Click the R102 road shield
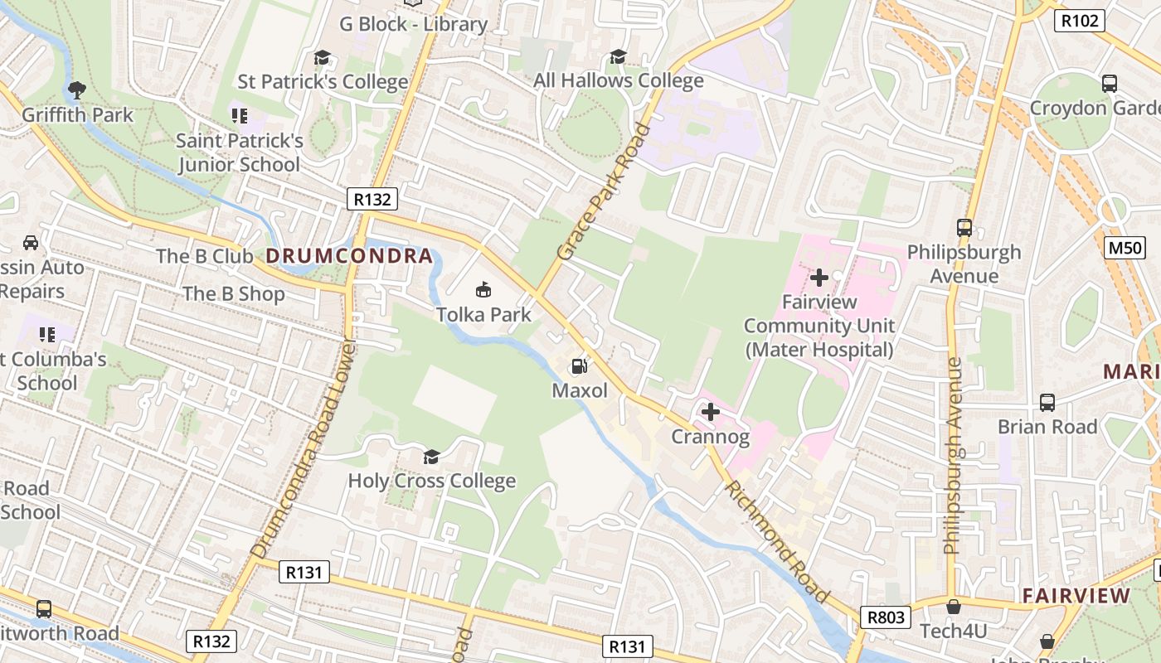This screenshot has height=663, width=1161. click(x=1079, y=21)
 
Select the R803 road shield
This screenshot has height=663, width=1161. click(x=886, y=617)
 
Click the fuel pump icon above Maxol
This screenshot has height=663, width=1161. click(x=579, y=366)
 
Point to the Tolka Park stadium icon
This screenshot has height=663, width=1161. click(x=483, y=289)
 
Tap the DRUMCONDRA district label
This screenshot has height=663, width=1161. click(x=349, y=256)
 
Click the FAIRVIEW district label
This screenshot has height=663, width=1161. click(x=1076, y=595)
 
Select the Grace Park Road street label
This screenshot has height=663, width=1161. click(x=603, y=191)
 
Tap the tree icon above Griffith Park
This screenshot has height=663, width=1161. click(x=77, y=90)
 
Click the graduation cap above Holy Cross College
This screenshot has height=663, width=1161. click(x=431, y=457)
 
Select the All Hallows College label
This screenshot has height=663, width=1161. click(x=618, y=80)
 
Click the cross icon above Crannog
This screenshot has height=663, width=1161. click(x=710, y=411)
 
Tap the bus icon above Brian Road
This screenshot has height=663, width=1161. click(x=1047, y=402)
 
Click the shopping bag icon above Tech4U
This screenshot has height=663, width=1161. click(x=954, y=607)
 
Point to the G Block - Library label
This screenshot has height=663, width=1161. click(x=413, y=24)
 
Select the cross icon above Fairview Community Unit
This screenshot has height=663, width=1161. click(x=819, y=278)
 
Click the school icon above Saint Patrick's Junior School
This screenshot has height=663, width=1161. click(x=239, y=115)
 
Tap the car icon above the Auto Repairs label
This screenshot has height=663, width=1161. click(x=31, y=243)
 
